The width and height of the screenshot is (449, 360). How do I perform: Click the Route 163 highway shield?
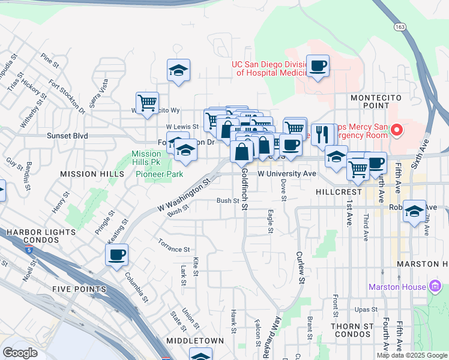[x=400, y=27]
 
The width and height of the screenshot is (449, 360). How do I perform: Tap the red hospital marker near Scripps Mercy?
[x=396, y=129]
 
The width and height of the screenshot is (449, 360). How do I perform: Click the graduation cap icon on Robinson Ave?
[x=414, y=211]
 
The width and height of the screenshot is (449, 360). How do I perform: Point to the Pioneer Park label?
[x=159, y=174]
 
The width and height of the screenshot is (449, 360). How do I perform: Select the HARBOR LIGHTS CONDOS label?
[x=41, y=236]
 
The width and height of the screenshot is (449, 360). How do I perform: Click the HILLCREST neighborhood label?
[x=337, y=192]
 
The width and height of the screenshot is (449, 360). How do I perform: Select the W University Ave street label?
[x=286, y=173]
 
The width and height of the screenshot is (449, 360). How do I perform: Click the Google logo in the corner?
[x=20, y=353]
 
